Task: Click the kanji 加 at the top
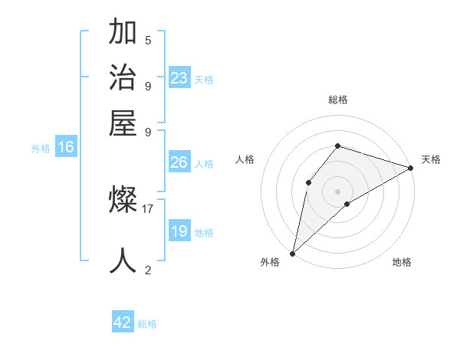click(123, 34)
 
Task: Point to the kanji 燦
click(123, 201)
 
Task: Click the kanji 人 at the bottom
click(123, 260)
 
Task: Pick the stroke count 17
click(148, 208)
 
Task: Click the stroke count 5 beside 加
click(148, 41)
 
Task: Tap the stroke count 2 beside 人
click(148, 270)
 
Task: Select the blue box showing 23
click(179, 78)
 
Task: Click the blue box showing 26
click(179, 162)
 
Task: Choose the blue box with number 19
click(179, 231)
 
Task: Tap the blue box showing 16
click(66, 148)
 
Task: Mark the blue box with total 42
click(123, 322)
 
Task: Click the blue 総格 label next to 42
click(147, 324)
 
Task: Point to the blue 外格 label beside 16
click(41, 149)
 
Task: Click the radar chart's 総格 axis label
click(337, 100)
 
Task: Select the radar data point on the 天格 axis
click(410, 168)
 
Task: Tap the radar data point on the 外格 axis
click(292, 253)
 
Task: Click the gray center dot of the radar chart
click(337, 191)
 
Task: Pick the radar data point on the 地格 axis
click(347, 204)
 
